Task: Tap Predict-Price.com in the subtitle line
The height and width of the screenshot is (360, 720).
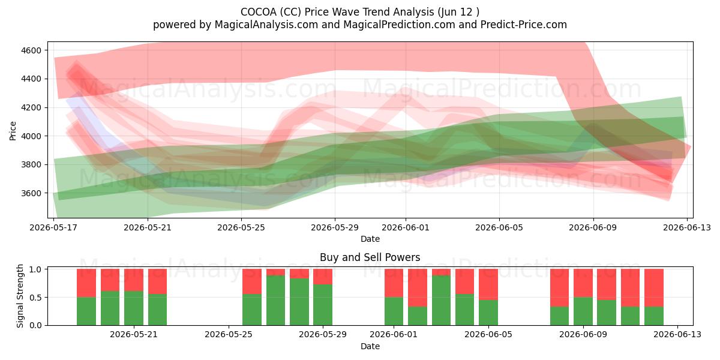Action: pyautogui.click(x=524, y=25)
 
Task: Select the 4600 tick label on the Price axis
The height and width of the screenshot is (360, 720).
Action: pyautogui.click(x=31, y=50)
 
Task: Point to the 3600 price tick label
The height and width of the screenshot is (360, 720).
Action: pyautogui.click(x=31, y=193)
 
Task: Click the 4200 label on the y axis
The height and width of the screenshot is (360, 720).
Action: pyautogui.click(x=31, y=107)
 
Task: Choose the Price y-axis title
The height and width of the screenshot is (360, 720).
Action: pyautogui.click(x=13, y=131)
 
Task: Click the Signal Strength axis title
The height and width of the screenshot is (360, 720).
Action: pyautogui.click(x=20, y=296)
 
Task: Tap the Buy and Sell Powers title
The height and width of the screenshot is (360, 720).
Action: pyautogui.click(x=370, y=257)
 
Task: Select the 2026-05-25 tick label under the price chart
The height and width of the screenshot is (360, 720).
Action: pyautogui.click(x=241, y=227)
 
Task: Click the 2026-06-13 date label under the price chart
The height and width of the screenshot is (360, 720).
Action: pyautogui.click(x=687, y=227)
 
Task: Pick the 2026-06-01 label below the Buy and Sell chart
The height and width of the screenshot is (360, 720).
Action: pyautogui.click(x=394, y=335)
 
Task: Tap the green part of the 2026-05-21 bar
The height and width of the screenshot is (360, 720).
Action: pyautogui.click(x=134, y=308)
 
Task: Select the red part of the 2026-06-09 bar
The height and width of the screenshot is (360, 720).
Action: pyautogui.click(x=583, y=283)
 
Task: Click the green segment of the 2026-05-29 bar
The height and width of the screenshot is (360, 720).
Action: pyautogui.click(x=323, y=305)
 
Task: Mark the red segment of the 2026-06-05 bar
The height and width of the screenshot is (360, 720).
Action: pyautogui.click(x=488, y=284)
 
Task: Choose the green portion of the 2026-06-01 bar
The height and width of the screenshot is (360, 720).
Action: pyautogui.click(x=394, y=311)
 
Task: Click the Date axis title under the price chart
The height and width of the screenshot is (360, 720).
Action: pyautogui.click(x=370, y=239)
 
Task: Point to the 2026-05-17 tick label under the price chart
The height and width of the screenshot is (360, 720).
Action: pyautogui.click(x=53, y=227)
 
